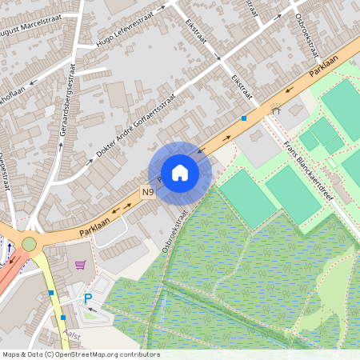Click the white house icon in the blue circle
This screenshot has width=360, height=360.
click(x=180, y=173)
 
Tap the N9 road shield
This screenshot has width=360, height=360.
click(x=148, y=193)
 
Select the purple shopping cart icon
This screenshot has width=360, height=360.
click(x=79, y=265)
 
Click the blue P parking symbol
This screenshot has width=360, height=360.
click(x=88, y=298)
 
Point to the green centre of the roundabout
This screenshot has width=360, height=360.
click(x=30, y=243)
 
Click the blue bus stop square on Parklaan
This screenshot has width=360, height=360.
click(x=244, y=118)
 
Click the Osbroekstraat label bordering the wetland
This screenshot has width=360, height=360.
click(x=174, y=233)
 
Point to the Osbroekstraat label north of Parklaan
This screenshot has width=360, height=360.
click(x=307, y=37)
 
